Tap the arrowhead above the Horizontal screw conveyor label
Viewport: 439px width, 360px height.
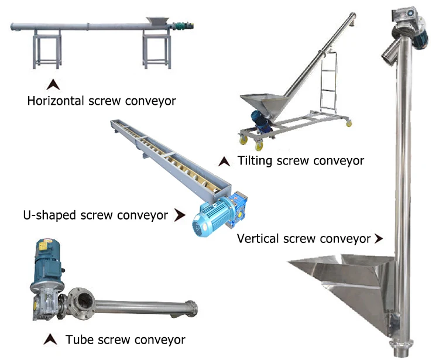(x=54, y=83)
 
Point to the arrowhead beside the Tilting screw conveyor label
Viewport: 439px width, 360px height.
(x=224, y=160)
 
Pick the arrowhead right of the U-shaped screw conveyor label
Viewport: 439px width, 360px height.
(x=179, y=215)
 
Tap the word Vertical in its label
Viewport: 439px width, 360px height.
(x=257, y=238)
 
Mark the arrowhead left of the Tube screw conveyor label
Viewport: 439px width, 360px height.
(x=52, y=339)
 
